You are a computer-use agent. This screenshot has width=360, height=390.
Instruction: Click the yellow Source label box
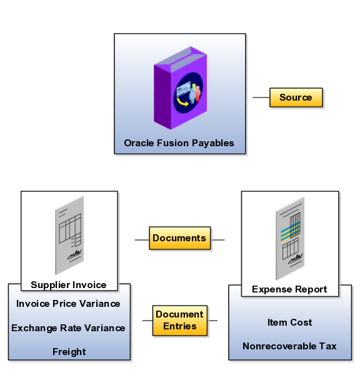point(296,97)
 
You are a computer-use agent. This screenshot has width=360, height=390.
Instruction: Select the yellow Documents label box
point(179,238)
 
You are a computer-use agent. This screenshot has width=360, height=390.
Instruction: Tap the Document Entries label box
point(179,321)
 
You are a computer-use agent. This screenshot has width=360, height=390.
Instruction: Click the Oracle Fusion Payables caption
point(179,143)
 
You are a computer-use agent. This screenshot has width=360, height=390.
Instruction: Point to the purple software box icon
point(181,87)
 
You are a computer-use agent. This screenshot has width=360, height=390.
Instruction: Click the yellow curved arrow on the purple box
point(182,101)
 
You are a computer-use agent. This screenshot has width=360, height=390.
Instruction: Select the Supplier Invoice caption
point(68,285)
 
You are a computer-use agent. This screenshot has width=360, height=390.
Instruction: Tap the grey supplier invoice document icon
point(69,236)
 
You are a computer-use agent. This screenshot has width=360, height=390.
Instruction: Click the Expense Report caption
point(289,289)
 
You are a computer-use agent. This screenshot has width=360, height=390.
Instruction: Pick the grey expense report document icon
point(290,239)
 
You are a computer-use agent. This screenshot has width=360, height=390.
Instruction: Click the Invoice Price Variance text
point(68,304)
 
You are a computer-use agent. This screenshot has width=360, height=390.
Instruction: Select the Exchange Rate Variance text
point(68,328)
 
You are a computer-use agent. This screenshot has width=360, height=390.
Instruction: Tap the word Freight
point(69,352)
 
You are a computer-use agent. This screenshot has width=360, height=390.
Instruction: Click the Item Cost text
point(289,322)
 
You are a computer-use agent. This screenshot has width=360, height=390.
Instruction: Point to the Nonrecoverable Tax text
point(289,346)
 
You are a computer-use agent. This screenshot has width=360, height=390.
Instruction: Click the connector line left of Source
point(261,97)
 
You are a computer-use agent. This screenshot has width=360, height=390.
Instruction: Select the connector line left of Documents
point(142,240)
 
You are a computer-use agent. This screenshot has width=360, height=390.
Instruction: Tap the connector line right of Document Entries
point(212,321)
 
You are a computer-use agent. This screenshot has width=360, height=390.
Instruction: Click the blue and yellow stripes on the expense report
point(291,232)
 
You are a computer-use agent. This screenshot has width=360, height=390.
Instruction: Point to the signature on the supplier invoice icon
point(74,256)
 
